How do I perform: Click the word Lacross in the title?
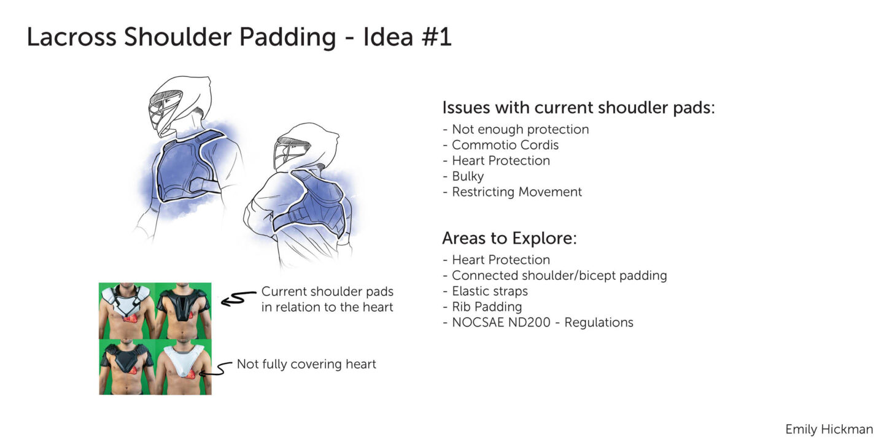(x=71, y=37)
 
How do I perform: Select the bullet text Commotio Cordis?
(x=505, y=145)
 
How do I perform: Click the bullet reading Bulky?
(x=468, y=176)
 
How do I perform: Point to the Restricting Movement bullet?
(x=517, y=192)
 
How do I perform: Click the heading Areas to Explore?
(x=509, y=238)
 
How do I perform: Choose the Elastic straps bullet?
(x=490, y=291)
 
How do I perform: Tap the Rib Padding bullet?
(x=487, y=307)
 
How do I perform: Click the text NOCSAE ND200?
(x=501, y=322)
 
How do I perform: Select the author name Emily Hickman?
(x=829, y=429)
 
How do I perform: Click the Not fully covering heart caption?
(x=306, y=364)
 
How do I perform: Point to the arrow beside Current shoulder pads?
(x=238, y=299)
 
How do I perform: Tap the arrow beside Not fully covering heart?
(x=216, y=369)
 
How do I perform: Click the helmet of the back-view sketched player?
(x=304, y=147)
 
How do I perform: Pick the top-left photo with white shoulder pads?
(x=126, y=311)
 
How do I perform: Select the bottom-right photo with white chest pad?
(x=183, y=366)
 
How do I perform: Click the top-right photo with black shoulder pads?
(x=183, y=311)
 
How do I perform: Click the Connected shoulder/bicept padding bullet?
(x=559, y=276)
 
